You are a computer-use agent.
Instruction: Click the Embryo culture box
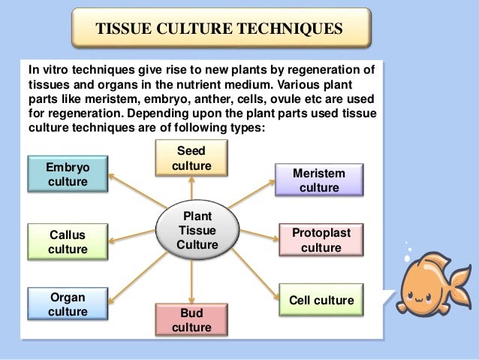[67, 174]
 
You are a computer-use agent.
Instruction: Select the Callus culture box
[67, 241]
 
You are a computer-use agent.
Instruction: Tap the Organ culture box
[67, 304]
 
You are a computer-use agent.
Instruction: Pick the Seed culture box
[191, 159]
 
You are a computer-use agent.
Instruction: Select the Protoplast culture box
[321, 241]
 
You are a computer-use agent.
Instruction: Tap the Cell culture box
[321, 301]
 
